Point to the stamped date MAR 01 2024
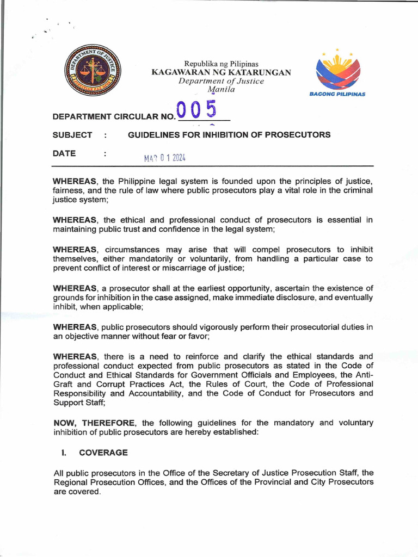[165, 158]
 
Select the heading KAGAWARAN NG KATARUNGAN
[221, 72]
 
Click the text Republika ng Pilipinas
[221, 64]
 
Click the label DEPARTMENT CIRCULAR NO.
[114, 116]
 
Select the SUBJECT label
[72, 134]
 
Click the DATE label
[64, 153]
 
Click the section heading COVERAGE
[103, 452]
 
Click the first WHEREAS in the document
[75, 181]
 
